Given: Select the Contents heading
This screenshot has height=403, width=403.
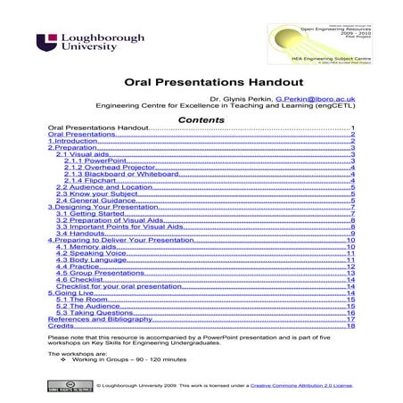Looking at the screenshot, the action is (x=201, y=119).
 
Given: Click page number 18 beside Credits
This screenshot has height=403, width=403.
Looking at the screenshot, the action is (x=351, y=327).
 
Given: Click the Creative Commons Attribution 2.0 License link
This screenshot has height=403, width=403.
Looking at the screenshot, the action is (x=301, y=386).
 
